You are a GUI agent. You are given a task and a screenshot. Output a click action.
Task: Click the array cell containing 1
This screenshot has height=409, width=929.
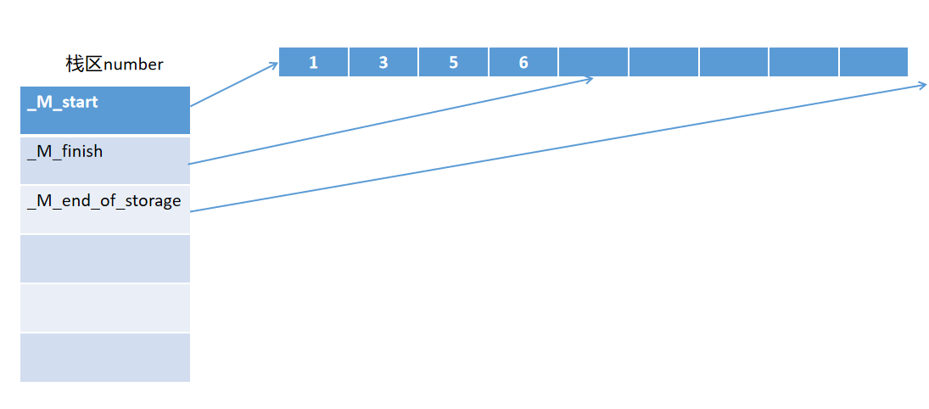click(313, 62)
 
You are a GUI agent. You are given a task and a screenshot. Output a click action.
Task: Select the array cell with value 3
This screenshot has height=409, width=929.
click(383, 62)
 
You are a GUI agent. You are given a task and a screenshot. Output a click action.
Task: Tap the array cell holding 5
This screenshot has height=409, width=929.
click(453, 62)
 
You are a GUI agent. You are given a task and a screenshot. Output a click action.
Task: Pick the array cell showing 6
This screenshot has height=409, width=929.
click(523, 62)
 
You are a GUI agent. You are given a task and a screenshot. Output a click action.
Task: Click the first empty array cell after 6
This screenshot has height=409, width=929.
click(593, 62)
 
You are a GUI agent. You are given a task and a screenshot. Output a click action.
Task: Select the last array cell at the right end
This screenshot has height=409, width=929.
click(873, 62)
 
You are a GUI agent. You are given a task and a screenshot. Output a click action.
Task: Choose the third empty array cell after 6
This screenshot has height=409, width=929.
click(733, 62)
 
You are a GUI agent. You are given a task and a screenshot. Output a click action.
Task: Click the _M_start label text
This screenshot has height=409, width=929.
click(63, 103)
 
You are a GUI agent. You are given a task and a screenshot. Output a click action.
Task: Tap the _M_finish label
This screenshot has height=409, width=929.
click(65, 152)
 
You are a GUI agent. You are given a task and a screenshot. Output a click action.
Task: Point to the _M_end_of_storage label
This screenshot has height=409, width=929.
click(104, 201)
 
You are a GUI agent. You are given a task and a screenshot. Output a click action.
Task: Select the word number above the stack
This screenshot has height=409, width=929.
click(133, 64)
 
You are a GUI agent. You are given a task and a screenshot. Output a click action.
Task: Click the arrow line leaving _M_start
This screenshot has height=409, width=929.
click(233, 85)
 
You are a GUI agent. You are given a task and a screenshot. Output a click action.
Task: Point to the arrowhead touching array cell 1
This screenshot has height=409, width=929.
click(275, 64)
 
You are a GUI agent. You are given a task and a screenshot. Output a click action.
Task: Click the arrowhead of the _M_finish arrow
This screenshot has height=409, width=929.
click(589, 80)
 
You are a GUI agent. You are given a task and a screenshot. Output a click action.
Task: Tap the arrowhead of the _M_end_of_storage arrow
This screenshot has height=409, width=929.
click(923, 86)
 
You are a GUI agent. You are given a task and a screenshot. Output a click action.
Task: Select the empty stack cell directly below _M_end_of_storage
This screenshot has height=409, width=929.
click(105, 259)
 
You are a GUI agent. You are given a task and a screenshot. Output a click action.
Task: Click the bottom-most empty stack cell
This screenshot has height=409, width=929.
click(105, 357)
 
